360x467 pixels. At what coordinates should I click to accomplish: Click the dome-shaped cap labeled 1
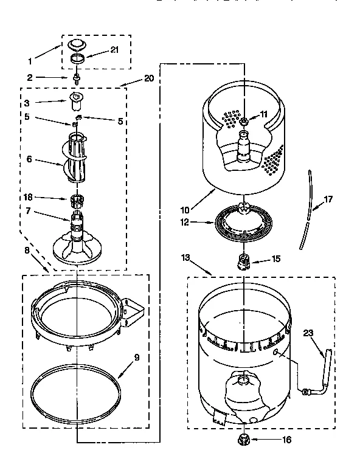click(x=78, y=44)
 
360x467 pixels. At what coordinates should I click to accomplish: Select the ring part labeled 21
click(x=78, y=58)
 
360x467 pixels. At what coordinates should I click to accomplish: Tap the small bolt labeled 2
click(x=77, y=78)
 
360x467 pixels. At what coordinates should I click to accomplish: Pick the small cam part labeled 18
click(x=77, y=199)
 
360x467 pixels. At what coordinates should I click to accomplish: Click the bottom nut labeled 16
click(x=243, y=439)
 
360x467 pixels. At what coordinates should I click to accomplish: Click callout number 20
click(x=148, y=78)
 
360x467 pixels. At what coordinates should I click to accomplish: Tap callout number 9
click(x=136, y=358)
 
